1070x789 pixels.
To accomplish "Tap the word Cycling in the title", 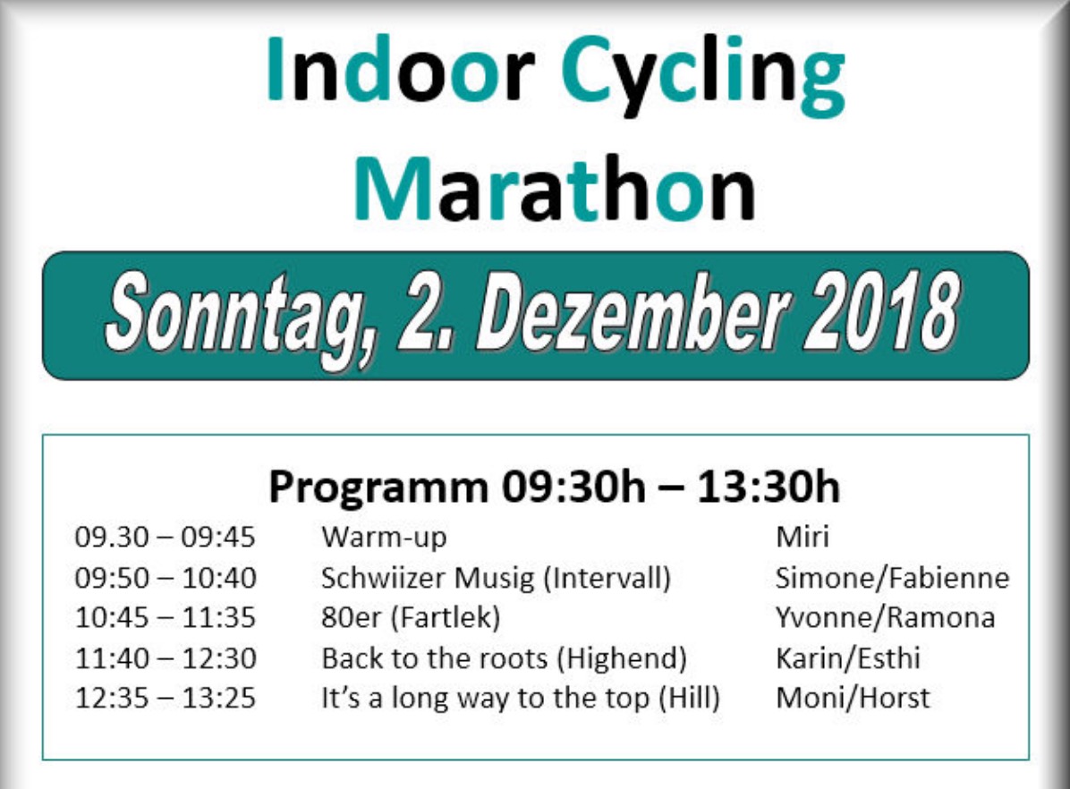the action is (x=703, y=76).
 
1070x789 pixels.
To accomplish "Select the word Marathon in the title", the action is (x=555, y=189).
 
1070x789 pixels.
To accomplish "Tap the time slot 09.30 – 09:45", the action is (x=166, y=537).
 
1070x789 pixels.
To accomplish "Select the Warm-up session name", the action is (x=384, y=538).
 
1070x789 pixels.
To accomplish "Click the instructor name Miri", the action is (x=802, y=537).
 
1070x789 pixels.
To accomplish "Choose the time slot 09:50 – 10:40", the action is (x=166, y=578).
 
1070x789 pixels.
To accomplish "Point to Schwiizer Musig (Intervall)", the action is (x=497, y=579).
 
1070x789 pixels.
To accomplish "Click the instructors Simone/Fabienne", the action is (x=893, y=578).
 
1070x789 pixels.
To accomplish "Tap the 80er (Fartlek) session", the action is (x=411, y=618).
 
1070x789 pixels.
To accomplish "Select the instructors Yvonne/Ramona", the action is (x=885, y=617).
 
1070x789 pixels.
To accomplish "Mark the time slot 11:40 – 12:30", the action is (x=166, y=658).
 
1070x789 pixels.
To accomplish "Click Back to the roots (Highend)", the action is (x=505, y=659).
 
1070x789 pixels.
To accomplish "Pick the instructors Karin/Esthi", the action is (x=848, y=658).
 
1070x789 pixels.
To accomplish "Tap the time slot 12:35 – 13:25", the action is (x=166, y=699).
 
